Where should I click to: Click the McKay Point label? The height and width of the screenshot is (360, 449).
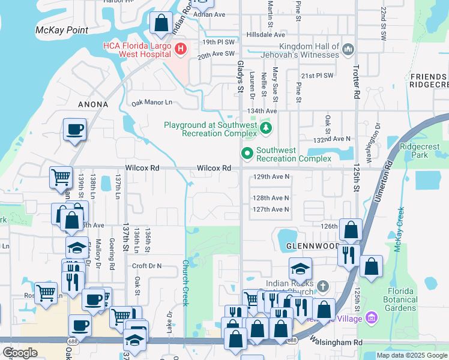click(x=62, y=30)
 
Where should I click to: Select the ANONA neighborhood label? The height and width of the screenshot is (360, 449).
click(x=93, y=104)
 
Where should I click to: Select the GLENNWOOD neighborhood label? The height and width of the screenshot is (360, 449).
click(x=309, y=246)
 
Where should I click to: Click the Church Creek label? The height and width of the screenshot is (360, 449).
click(x=185, y=282)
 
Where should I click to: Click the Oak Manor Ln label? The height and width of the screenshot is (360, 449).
click(x=152, y=103)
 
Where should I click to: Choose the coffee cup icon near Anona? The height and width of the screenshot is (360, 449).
click(x=75, y=130)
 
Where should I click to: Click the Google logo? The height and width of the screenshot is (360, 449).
click(x=20, y=353)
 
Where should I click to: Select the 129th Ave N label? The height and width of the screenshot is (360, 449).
click(x=271, y=177)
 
